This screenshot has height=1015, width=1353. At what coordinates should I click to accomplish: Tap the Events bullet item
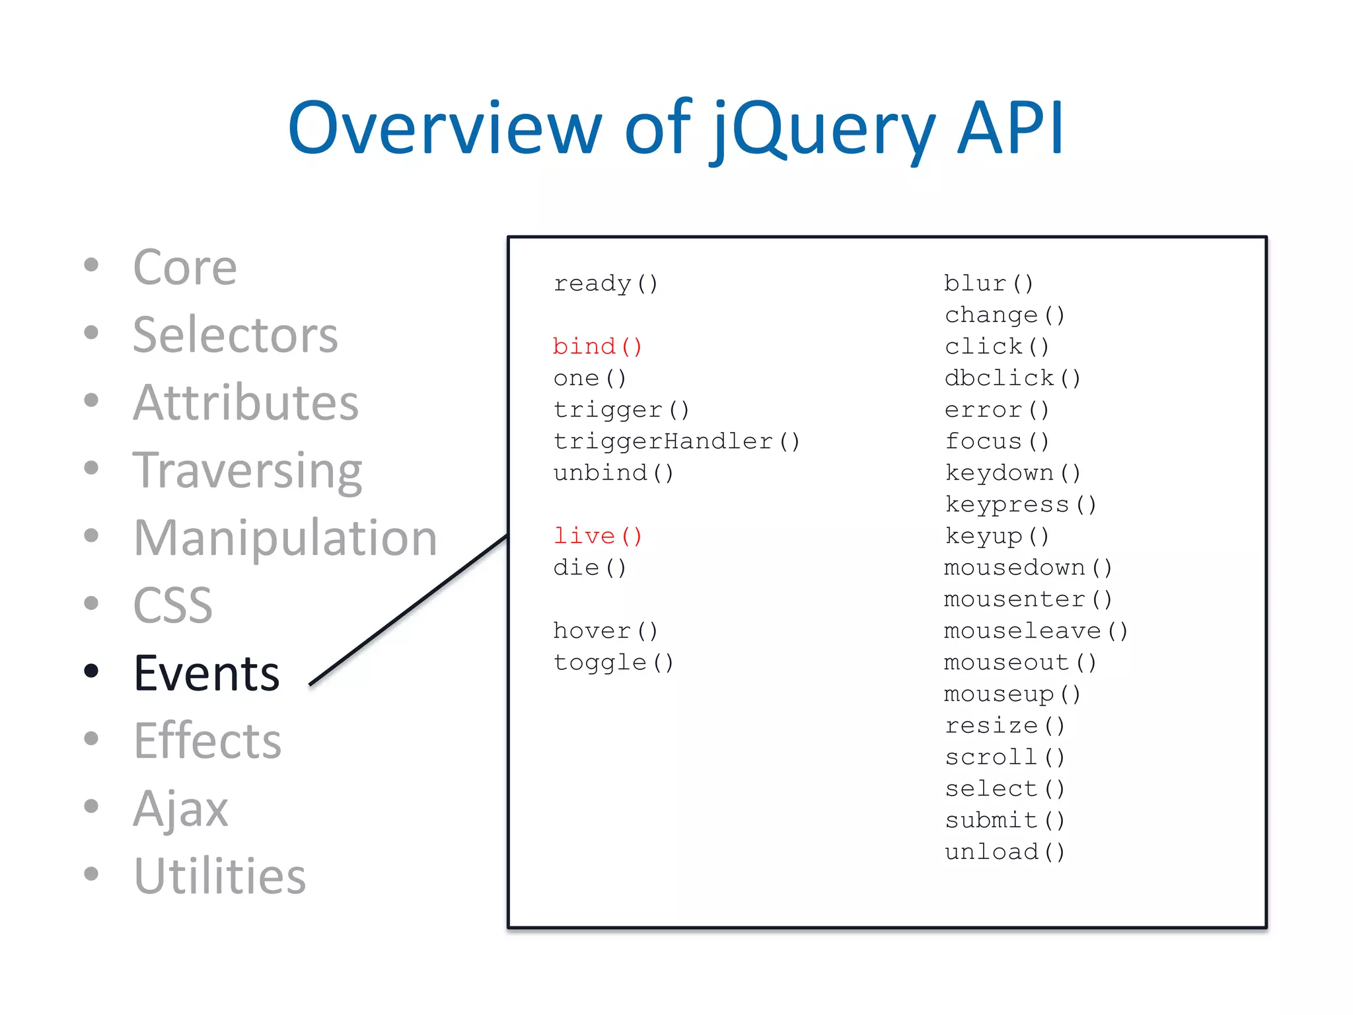[207, 673]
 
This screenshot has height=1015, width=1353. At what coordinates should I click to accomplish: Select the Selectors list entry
[235, 335]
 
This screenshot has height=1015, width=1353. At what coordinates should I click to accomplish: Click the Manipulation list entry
[285, 538]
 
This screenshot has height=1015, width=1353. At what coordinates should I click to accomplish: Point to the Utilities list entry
[220, 876]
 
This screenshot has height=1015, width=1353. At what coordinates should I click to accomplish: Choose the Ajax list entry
[180, 808]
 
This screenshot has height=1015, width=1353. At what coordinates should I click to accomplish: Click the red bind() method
[597, 346]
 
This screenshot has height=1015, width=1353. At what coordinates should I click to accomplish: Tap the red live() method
[597, 536]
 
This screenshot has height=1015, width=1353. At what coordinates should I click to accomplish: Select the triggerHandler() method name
[676, 441]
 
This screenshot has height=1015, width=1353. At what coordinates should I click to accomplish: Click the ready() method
[605, 283]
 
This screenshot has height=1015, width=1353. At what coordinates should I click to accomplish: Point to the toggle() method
[613, 662]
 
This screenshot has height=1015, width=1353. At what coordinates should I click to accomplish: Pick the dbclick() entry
[1012, 378]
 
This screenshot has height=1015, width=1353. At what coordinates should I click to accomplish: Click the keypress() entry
[1020, 504]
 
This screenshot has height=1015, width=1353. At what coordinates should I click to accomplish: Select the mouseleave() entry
[1035, 630]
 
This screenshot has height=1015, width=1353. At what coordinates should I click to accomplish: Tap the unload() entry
[1004, 852]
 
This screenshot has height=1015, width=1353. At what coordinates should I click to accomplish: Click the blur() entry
[988, 283]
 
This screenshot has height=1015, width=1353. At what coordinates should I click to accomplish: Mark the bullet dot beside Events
[92, 671]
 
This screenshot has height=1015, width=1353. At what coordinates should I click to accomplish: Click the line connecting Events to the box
[408, 610]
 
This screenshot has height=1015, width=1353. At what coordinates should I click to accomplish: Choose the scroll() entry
[1004, 757]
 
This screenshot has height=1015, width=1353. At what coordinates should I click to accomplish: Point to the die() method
[589, 568]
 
